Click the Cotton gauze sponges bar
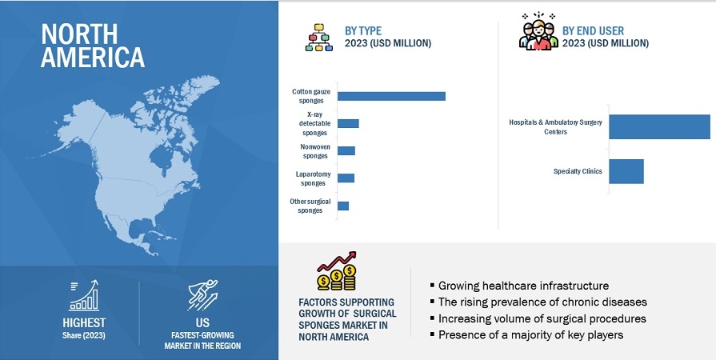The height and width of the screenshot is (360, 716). (391, 96)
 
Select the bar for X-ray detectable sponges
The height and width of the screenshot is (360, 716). (348, 123)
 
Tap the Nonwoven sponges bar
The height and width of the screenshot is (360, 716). (346, 150)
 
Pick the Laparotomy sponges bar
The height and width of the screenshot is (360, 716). (346, 178)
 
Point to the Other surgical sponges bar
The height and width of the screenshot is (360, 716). (343, 206)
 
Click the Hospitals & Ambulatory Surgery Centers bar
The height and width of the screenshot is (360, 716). (659, 127)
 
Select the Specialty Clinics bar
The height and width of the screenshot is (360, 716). (626, 171)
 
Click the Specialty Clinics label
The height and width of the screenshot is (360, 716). (578, 171)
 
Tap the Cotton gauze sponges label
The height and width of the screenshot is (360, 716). (311, 96)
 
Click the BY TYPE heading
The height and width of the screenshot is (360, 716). (363, 30)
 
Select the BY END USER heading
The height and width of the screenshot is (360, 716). (593, 30)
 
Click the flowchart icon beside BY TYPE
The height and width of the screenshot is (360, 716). (319, 37)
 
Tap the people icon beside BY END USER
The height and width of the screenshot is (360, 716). (538, 32)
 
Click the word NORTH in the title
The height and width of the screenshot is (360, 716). (79, 34)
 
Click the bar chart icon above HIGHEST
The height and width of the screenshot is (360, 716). (83, 295)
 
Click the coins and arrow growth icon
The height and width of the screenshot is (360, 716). (337, 272)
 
